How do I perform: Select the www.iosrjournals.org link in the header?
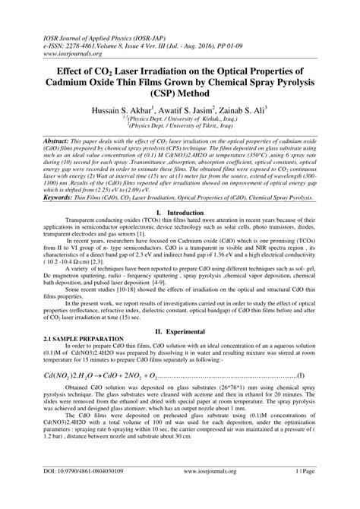(50, 32)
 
